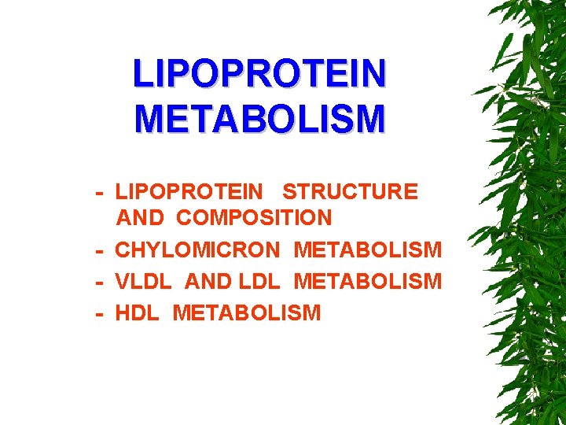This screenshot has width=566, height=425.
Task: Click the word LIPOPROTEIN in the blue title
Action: [259, 74]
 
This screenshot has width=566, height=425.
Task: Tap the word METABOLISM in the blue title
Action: [259, 118]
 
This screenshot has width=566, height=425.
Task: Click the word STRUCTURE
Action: [350, 191]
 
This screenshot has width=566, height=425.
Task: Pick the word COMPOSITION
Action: [254, 217]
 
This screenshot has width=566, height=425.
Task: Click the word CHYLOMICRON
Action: [197, 250]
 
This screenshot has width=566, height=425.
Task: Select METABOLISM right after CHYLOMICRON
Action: [367, 250]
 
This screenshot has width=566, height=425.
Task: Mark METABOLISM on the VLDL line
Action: [367, 281]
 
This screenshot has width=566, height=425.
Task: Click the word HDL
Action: [138, 312]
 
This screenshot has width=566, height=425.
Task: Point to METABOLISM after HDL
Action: [246, 312]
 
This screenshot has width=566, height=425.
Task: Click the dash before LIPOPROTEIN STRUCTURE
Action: [100, 192]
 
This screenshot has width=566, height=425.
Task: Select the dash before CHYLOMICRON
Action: [100, 251]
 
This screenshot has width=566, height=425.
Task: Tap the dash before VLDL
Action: [100, 282]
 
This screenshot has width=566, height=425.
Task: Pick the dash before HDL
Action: [100, 313]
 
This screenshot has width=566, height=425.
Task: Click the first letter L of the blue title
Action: [141, 74]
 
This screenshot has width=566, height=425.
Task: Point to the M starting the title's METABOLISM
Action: [149, 118]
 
